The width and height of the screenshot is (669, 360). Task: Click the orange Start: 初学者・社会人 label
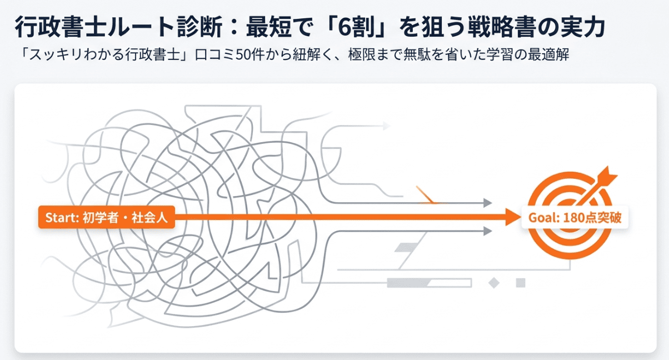(106, 217)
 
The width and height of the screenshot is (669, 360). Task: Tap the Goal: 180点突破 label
(575, 217)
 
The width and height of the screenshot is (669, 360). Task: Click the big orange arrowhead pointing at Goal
(513, 217)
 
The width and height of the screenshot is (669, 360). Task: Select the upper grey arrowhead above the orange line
(488, 203)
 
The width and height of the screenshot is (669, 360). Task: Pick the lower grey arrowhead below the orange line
(488, 231)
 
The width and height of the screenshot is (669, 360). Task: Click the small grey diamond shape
(494, 283)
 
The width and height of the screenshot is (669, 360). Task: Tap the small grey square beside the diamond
(521, 283)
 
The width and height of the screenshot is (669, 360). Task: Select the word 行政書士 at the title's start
(61, 27)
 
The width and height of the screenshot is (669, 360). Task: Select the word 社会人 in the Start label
(149, 217)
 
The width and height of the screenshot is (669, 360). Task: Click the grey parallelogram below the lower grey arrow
(406, 247)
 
